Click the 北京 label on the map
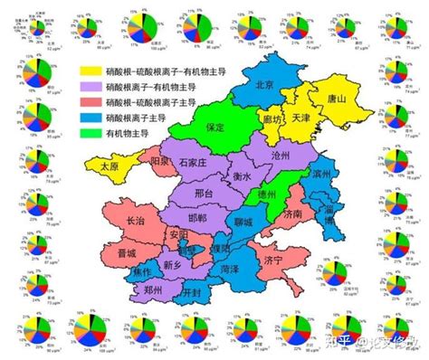264,84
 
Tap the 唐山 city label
337,100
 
